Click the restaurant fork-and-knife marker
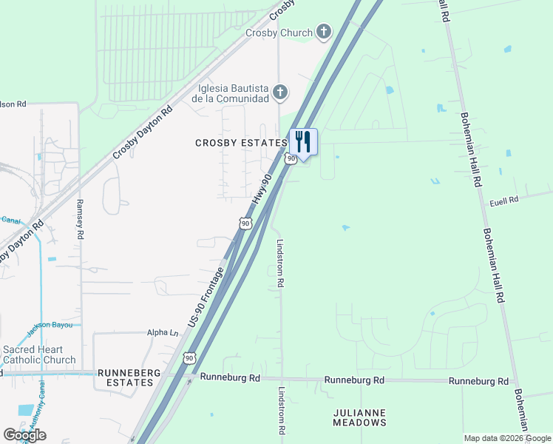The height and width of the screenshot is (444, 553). click(303, 141)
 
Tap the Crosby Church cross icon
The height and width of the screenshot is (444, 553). click(323, 32)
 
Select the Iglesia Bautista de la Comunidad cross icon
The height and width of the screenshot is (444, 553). click(279, 92)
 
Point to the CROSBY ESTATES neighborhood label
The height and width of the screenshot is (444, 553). click(240, 143)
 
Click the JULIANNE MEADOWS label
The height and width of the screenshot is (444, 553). click(359, 417)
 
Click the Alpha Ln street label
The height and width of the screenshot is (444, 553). click(163, 334)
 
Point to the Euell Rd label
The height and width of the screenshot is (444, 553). click(504, 199)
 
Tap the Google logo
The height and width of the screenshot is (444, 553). click(24, 435)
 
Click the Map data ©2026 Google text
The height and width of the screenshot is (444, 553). click(507, 438)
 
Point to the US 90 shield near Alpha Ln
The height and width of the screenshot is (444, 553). click(190, 358)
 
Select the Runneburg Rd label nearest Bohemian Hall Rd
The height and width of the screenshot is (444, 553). click(478, 381)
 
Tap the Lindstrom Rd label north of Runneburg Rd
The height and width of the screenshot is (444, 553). click(280, 263)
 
